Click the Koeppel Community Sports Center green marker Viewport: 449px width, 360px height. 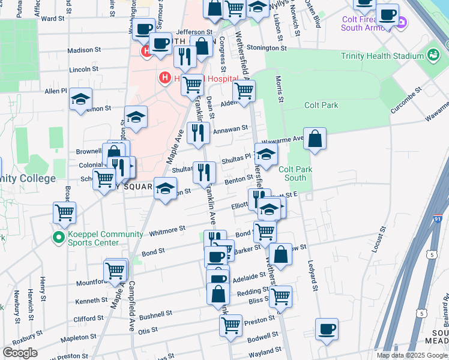coord(58,238)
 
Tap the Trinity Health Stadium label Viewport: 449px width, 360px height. coord(382,56)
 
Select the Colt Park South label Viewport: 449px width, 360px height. coord(295,173)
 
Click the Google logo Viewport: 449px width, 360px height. coord(20,353)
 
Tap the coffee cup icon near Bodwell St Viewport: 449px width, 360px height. coord(327,329)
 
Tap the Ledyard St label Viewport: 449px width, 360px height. coord(312,270)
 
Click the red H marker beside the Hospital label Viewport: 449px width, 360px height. coord(163,78)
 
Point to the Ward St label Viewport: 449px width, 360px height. coord(53,19)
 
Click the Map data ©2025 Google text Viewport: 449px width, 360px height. coord(412,355)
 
